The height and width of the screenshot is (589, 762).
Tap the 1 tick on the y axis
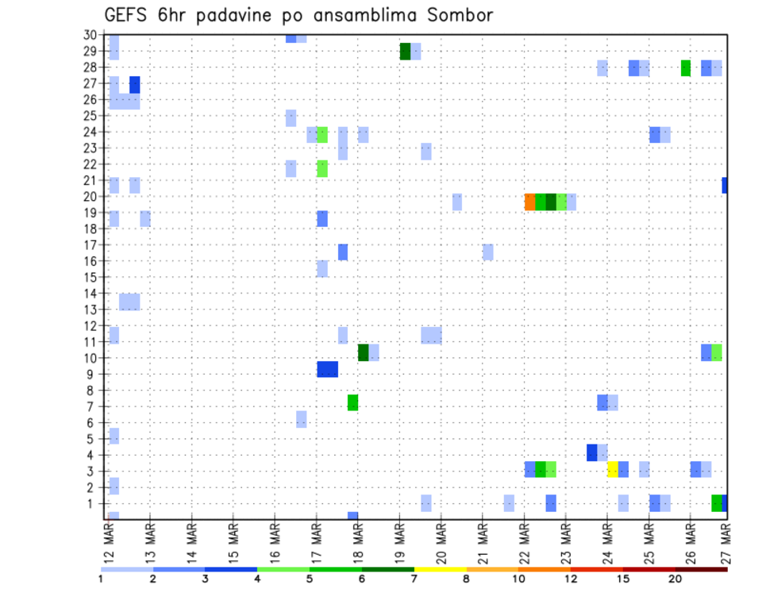(x=93, y=503)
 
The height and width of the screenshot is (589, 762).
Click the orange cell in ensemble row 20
(x=529, y=202)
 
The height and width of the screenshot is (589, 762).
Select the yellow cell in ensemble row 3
(x=613, y=469)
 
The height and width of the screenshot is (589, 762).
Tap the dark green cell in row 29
(x=405, y=52)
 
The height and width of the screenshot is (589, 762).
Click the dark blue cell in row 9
(x=327, y=369)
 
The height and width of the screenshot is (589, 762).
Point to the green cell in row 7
(x=352, y=402)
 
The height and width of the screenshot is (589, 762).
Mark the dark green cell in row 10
(x=363, y=352)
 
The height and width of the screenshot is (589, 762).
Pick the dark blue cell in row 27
(x=135, y=84)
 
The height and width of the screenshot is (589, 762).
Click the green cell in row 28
(x=685, y=68)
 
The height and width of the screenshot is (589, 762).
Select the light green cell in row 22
(x=321, y=168)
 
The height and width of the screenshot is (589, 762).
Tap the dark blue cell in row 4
(x=591, y=452)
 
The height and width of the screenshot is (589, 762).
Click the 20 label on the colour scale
(x=675, y=579)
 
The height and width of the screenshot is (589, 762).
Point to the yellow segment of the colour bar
(x=440, y=569)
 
